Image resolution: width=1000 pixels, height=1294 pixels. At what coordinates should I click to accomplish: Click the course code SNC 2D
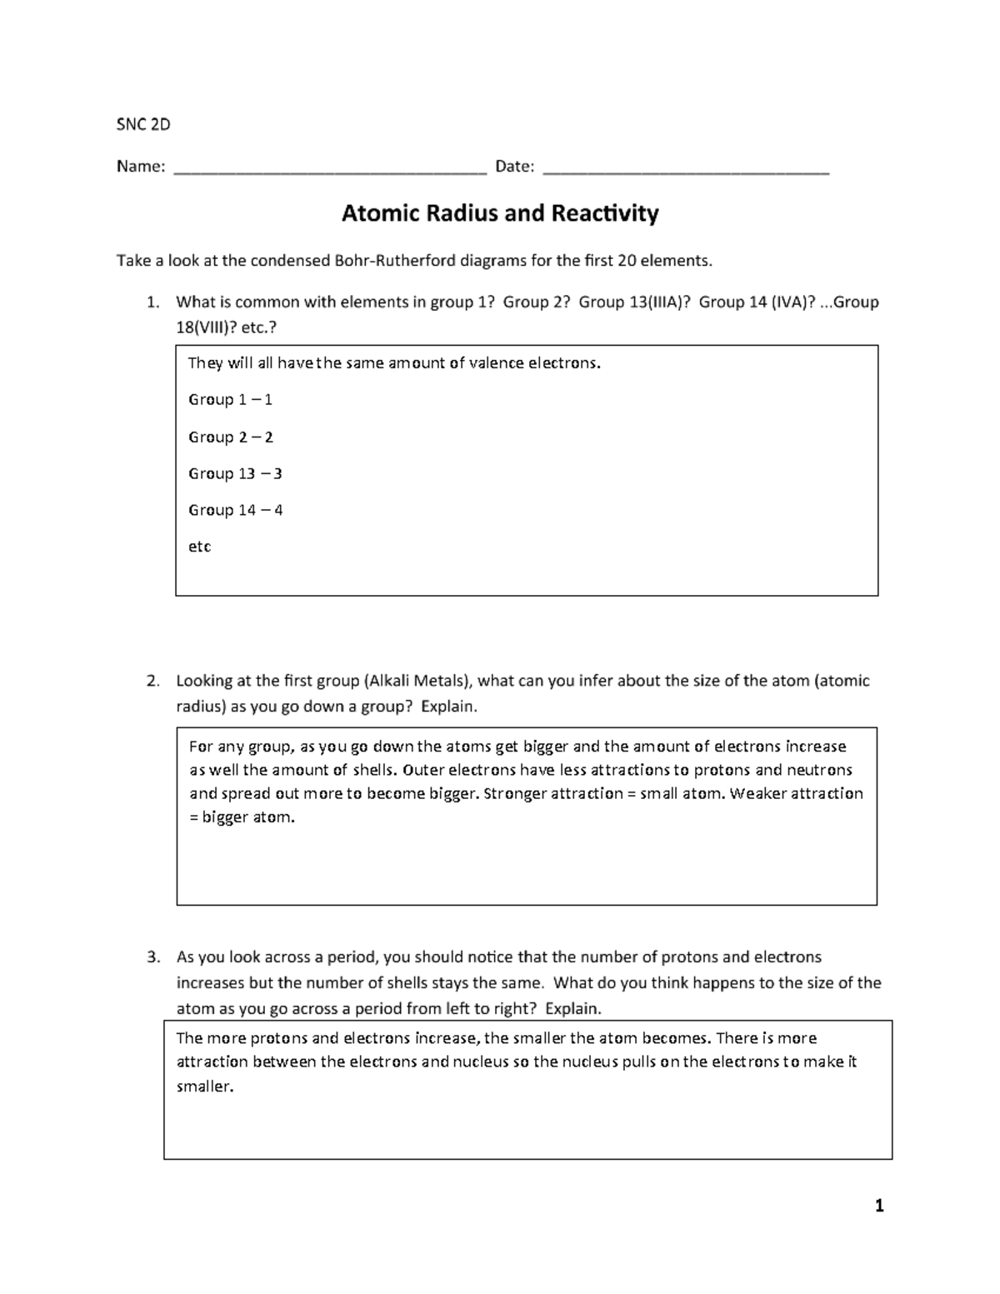(143, 125)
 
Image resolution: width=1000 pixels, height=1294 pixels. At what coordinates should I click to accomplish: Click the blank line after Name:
(329, 169)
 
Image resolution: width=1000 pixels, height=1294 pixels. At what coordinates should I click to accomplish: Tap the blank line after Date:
(685, 169)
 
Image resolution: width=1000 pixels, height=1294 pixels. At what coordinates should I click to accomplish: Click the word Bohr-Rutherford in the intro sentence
(395, 261)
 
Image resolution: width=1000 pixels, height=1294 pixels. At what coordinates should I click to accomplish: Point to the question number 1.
(152, 302)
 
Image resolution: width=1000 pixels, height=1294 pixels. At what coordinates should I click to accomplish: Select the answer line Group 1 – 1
(230, 400)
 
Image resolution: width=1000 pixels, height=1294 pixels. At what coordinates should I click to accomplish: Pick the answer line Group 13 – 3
(235, 473)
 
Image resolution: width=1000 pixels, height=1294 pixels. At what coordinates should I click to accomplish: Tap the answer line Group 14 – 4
(235, 510)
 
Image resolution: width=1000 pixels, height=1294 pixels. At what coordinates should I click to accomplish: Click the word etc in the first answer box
(199, 547)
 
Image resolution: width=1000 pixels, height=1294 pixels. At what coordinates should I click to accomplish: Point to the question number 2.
(152, 681)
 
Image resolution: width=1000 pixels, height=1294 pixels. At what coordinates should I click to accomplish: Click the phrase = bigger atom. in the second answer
(242, 817)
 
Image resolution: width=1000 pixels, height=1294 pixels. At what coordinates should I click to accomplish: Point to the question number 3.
(152, 957)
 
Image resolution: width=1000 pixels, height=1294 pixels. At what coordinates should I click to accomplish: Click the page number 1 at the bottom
(879, 1206)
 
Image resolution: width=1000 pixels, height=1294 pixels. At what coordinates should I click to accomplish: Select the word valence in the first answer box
(495, 363)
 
